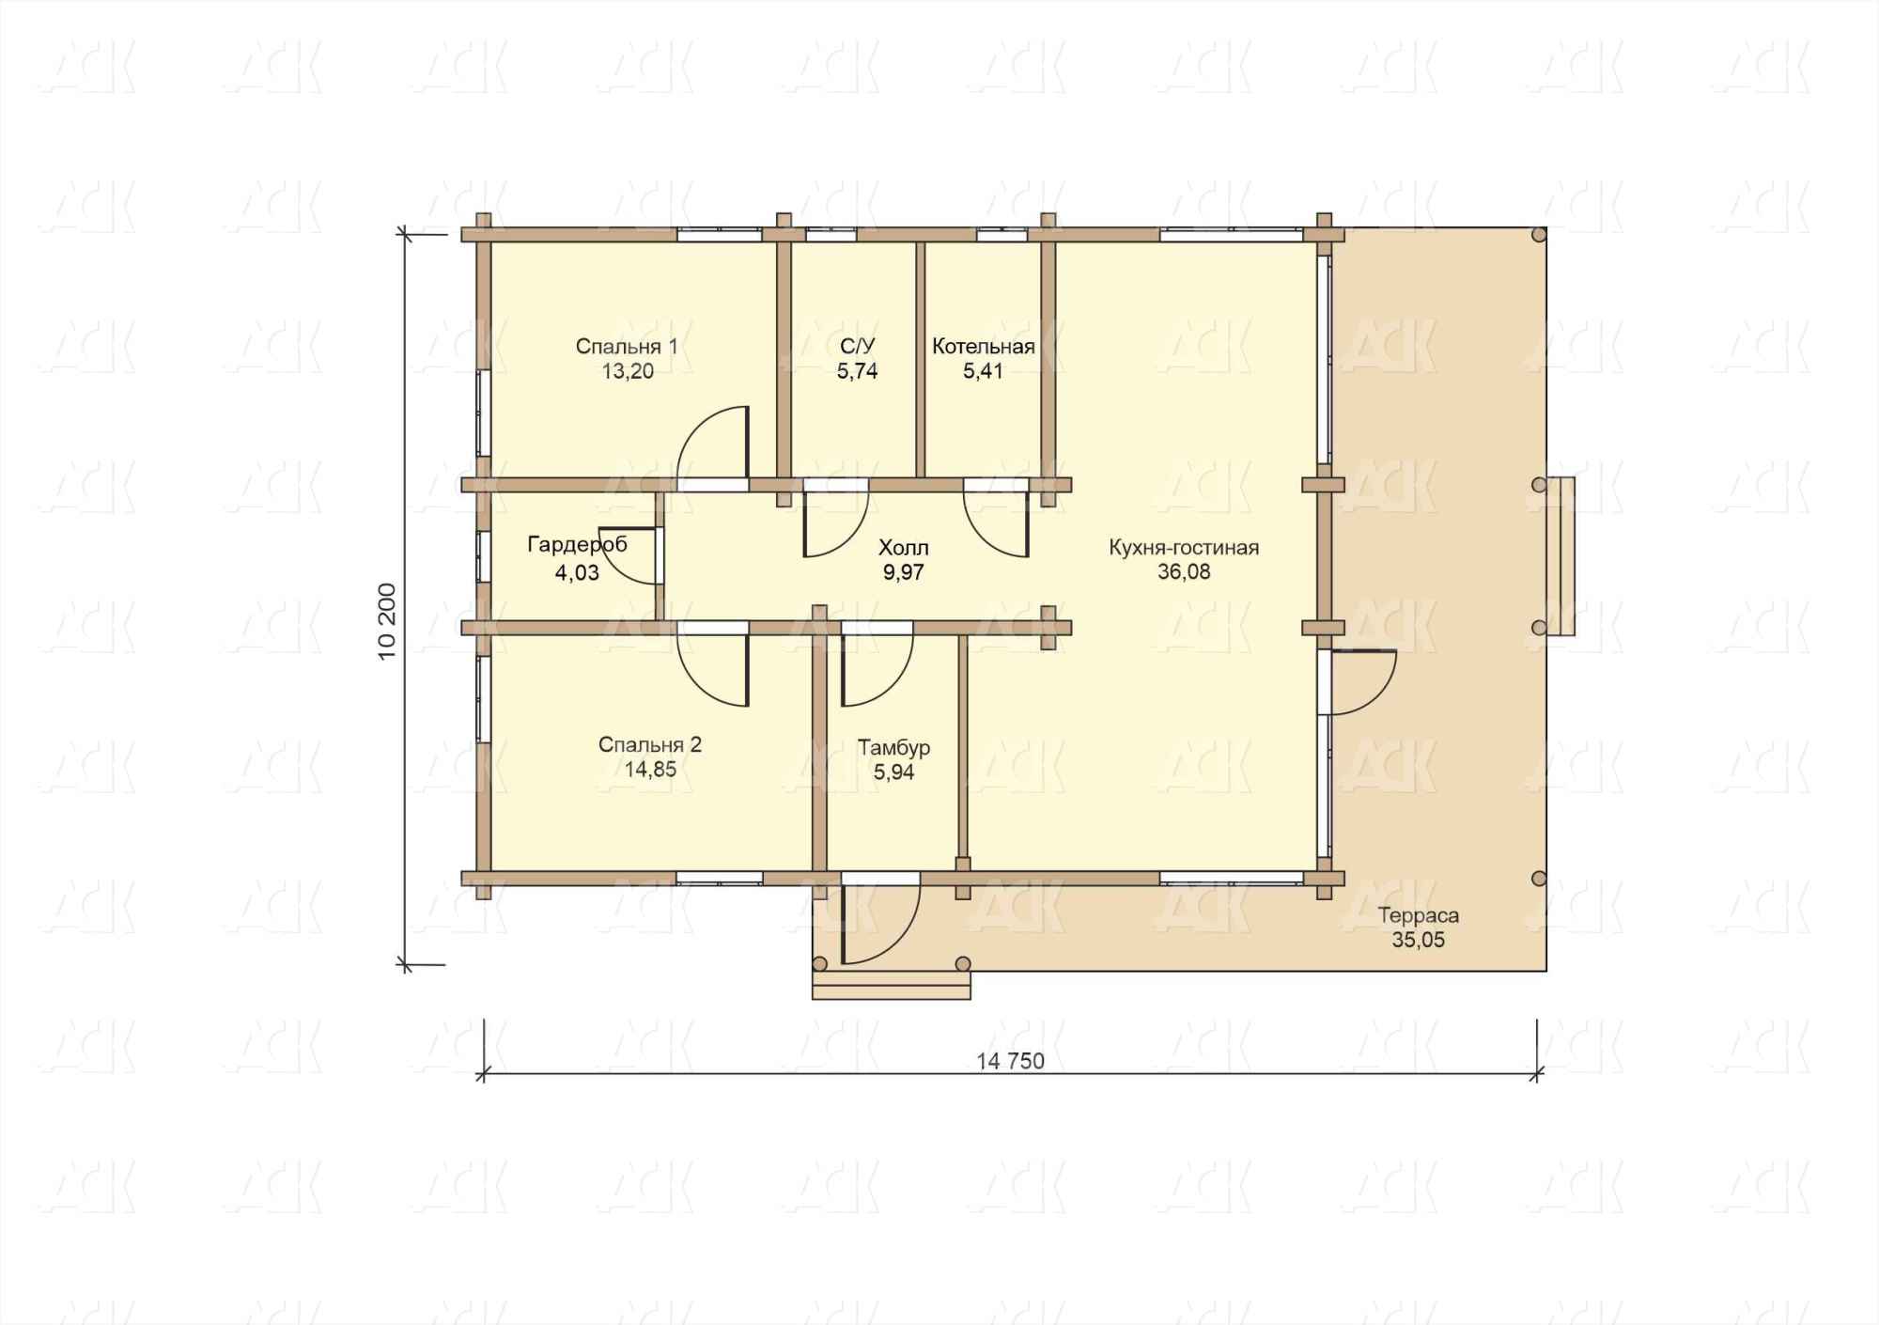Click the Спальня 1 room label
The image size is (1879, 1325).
click(627, 347)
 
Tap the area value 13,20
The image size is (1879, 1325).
click(628, 371)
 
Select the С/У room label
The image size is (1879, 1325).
click(857, 347)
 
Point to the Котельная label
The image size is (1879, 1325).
click(984, 347)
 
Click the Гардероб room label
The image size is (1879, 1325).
click(577, 544)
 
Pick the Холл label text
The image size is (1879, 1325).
click(903, 548)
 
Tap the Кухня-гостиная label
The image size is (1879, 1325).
click(1184, 548)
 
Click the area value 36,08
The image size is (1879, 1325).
click(1184, 572)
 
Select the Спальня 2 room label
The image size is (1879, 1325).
click(650, 745)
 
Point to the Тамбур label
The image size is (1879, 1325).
click(893, 748)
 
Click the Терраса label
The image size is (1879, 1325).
click(1419, 915)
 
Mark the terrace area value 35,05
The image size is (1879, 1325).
click(1419, 940)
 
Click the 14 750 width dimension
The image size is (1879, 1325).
click(1011, 1061)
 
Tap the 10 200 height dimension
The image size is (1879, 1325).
click(388, 622)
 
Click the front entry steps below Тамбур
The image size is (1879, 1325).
click(891, 986)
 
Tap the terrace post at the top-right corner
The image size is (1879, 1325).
click(1539, 235)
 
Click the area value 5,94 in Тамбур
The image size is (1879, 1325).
click(893, 772)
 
